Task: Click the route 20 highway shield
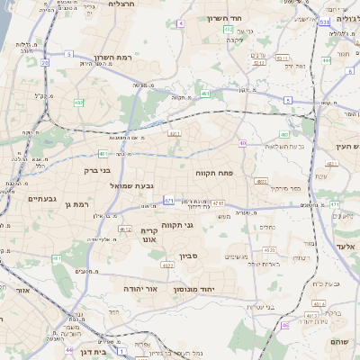point(44,63)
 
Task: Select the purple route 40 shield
point(242,143)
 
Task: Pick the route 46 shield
point(285,325)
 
